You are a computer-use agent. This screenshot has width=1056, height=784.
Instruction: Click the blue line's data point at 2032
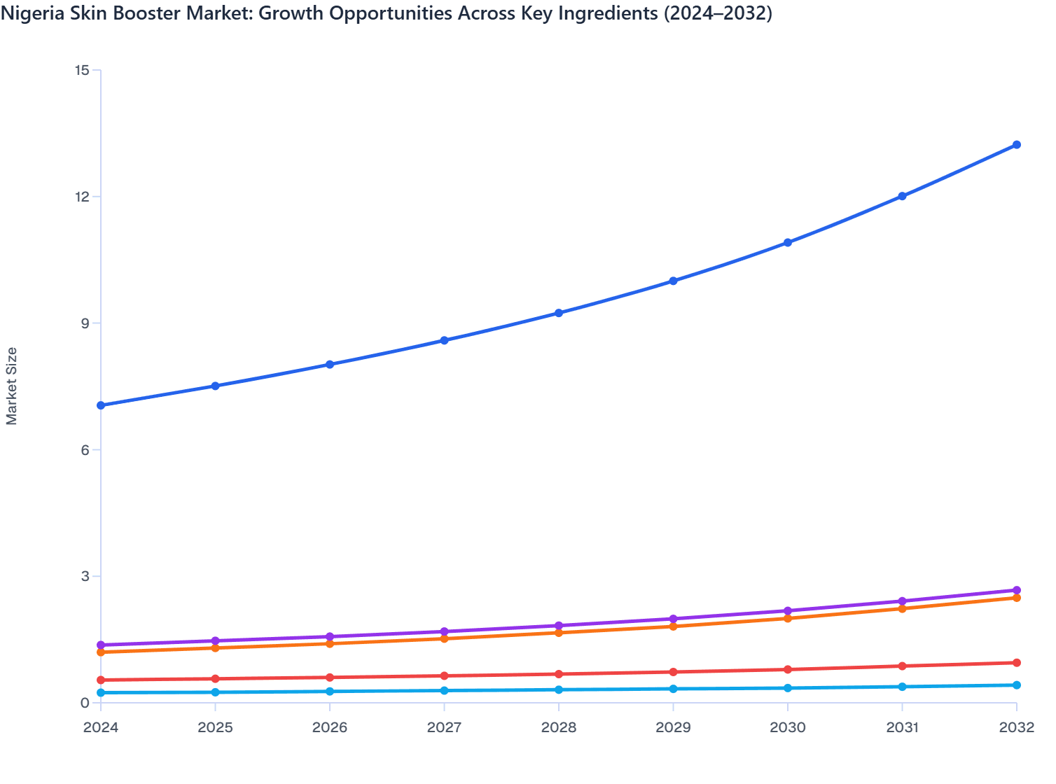pyautogui.click(x=1016, y=145)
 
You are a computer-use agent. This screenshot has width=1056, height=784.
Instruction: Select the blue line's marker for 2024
pyautogui.click(x=101, y=405)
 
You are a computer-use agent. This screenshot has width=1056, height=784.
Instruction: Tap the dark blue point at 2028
pyautogui.click(x=559, y=313)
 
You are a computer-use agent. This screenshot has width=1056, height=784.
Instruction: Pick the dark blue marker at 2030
pyautogui.click(x=788, y=243)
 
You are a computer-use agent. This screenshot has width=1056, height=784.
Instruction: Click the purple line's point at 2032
pyautogui.click(x=1016, y=590)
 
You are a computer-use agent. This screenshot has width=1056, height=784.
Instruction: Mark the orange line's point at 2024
pyautogui.click(x=101, y=652)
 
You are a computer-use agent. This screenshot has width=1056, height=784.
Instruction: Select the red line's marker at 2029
pyautogui.click(x=673, y=672)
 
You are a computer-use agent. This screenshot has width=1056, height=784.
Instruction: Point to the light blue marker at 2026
pyautogui.click(x=330, y=691)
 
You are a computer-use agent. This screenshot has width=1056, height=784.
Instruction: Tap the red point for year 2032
pyautogui.click(x=1016, y=663)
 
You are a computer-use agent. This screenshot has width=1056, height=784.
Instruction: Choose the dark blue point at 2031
pyautogui.click(x=902, y=196)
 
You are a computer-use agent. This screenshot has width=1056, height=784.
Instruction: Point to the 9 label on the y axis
pyautogui.click(x=85, y=323)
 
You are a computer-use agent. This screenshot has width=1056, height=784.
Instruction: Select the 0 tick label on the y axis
pyautogui.click(x=85, y=703)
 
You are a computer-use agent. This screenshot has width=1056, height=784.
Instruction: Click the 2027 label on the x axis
pyautogui.click(x=444, y=727)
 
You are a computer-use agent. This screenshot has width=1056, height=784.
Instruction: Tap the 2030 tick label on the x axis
pyautogui.click(x=788, y=727)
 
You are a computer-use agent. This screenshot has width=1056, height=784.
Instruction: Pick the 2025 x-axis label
pyautogui.click(x=215, y=727)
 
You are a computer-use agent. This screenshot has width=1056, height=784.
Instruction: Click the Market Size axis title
pyautogui.click(x=11, y=386)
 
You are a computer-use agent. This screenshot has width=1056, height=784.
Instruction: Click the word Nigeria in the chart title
pyautogui.click(x=28, y=13)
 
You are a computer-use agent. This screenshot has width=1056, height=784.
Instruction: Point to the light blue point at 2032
pyautogui.click(x=1016, y=685)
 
